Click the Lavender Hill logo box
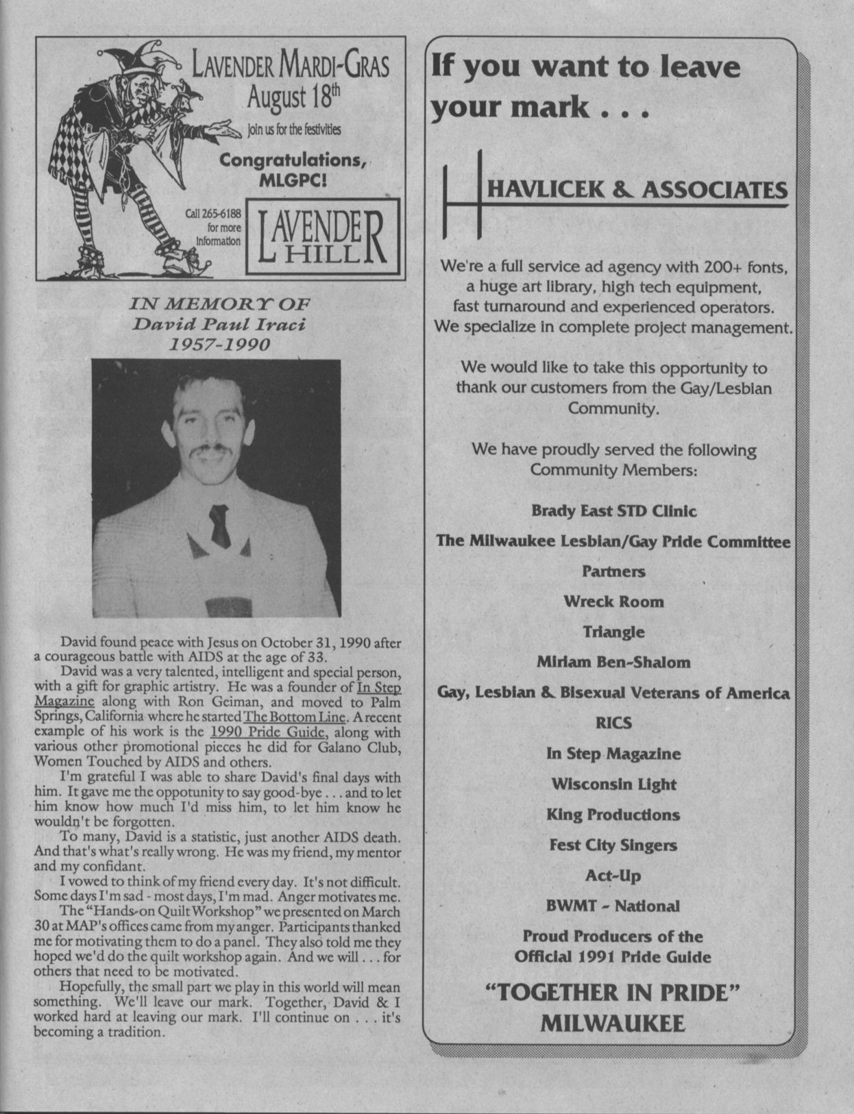click(x=320, y=236)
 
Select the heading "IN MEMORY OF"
click(x=219, y=304)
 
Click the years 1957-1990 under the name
click(x=219, y=343)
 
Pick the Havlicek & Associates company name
click(x=637, y=190)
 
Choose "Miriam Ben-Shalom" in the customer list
click(x=613, y=663)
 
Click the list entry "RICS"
click(x=613, y=723)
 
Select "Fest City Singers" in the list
click(x=613, y=845)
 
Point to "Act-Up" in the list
click(x=613, y=876)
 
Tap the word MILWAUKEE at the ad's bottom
click(x=613, y=1024)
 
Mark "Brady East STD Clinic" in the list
click(x=613, y=511)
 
